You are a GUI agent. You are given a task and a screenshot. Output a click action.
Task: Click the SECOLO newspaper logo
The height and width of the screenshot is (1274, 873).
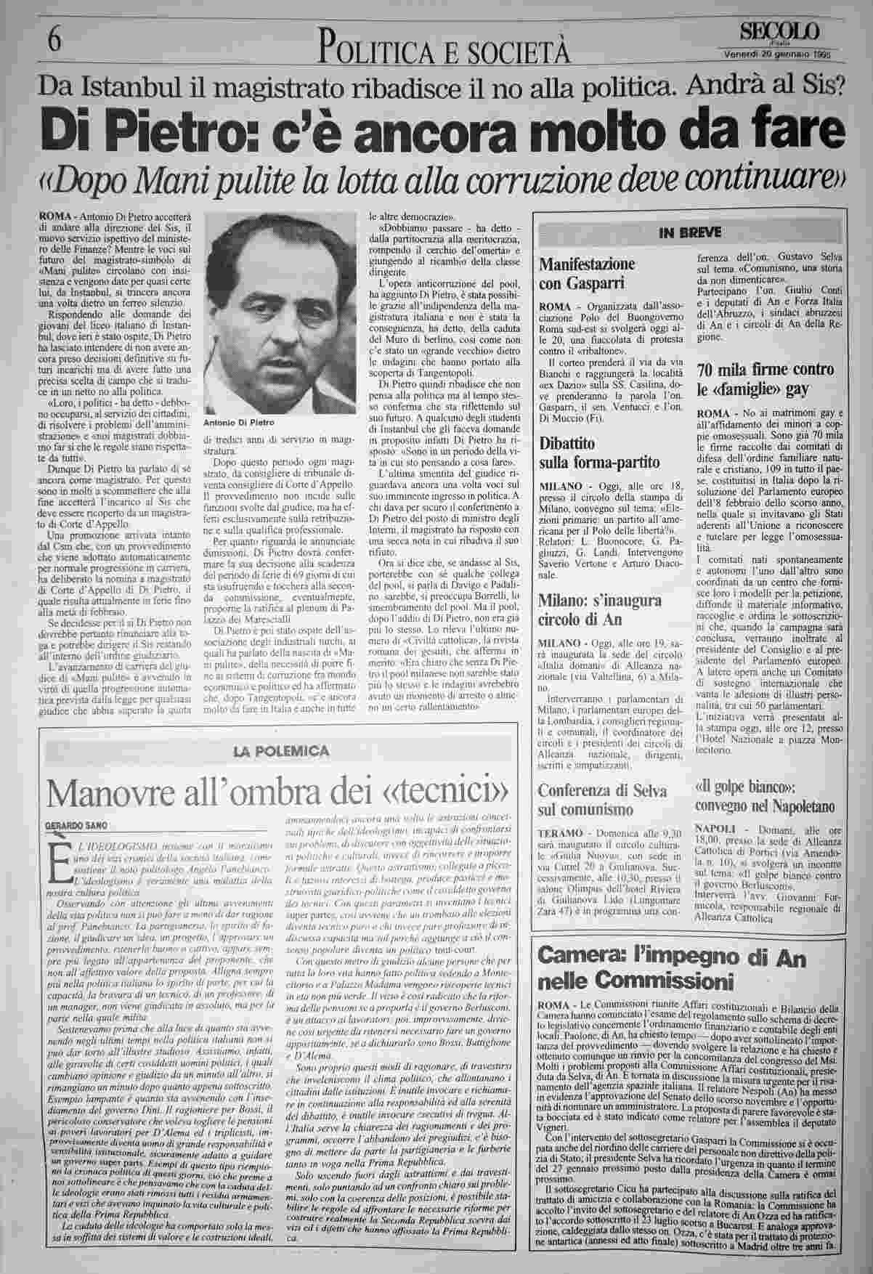pyautogui.click(x=781, y=31)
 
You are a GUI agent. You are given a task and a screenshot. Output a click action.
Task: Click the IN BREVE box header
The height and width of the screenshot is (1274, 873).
pyautogui.click(x=689, y=233)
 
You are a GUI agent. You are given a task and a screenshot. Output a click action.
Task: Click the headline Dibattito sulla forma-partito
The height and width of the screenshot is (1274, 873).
pyautogui.click(x=598, y=452)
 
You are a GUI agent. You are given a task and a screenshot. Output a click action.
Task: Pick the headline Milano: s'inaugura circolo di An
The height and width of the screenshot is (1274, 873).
pyautogui.click(x=599, y=609)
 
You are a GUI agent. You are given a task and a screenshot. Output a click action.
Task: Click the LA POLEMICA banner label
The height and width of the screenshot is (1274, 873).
pyautogui.click(x=281, y=750)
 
